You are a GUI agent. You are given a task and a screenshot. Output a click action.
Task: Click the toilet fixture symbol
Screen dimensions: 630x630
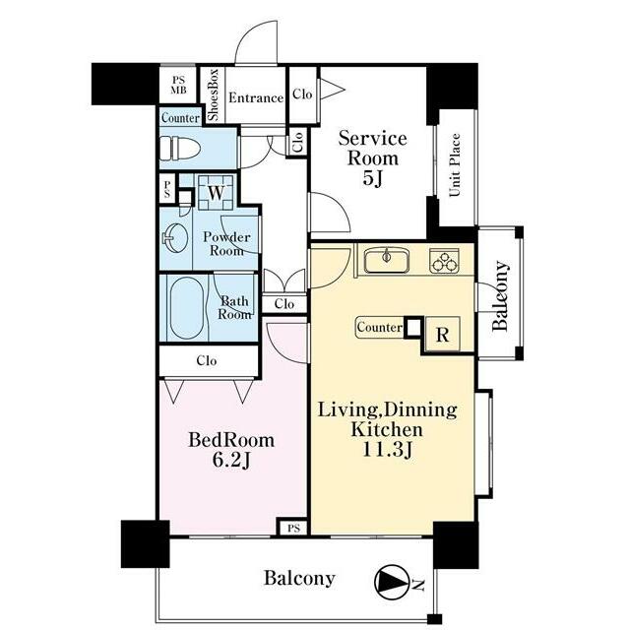click(179, 149)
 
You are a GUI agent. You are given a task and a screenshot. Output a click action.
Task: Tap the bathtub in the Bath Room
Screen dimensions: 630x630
click(186, 308)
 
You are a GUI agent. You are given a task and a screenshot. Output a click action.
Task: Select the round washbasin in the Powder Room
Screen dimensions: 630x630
click(175, 238)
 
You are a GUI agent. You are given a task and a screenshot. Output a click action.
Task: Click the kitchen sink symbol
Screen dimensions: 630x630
click(387, 260)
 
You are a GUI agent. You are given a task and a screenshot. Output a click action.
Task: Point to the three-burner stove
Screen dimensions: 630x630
click(444, 261)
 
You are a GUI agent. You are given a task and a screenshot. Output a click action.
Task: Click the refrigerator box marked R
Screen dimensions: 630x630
click(442, 335)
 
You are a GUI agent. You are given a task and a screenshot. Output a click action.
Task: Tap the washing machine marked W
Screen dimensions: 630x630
click(216, 193)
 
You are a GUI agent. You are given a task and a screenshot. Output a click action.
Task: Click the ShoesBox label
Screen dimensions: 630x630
click(214, 94)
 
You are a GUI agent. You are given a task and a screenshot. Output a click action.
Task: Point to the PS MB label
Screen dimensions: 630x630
click(178, 86)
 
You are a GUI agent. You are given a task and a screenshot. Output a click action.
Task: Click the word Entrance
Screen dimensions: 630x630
click(256, 97)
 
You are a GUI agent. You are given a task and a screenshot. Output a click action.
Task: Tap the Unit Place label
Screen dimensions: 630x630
click(455, 164)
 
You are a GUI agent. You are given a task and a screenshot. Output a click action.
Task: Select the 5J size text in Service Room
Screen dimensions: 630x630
click(372, 178)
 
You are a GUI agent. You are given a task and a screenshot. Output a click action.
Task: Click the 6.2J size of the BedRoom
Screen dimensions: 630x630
click(231, 460)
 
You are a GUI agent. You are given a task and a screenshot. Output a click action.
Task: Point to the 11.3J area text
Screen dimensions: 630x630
click(387, 449)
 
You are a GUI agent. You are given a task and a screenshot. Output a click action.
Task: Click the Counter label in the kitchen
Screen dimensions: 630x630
click(379, 327)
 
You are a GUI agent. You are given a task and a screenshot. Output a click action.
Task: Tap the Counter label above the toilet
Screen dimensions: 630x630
click(180, 118)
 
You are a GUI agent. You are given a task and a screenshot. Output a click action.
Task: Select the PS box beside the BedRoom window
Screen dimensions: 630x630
click(293, 528)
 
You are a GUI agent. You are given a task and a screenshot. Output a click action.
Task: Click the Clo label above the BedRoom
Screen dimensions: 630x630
click(207, 361)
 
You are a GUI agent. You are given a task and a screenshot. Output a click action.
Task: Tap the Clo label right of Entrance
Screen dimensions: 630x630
click(302, 94)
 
